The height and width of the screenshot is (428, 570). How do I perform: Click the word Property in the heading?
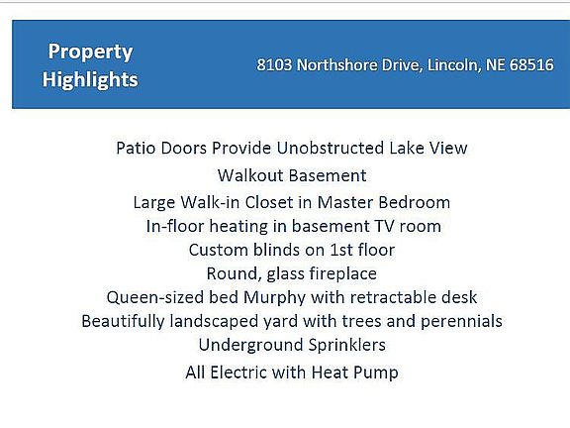[90, 53]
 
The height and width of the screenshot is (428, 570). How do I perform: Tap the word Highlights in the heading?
[90, 80]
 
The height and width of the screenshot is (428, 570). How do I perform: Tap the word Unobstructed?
[331, 149]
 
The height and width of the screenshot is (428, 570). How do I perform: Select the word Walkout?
[250, 175]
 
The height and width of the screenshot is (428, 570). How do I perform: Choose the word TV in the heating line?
[385, 226]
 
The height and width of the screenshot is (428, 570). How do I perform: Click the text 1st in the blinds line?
[341, 250]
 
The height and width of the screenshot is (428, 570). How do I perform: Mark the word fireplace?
[339, 274]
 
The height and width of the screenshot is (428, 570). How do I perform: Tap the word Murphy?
[274, 298]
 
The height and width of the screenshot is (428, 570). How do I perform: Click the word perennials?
[461, 322]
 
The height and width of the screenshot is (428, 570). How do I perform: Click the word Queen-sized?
[155, 298]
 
